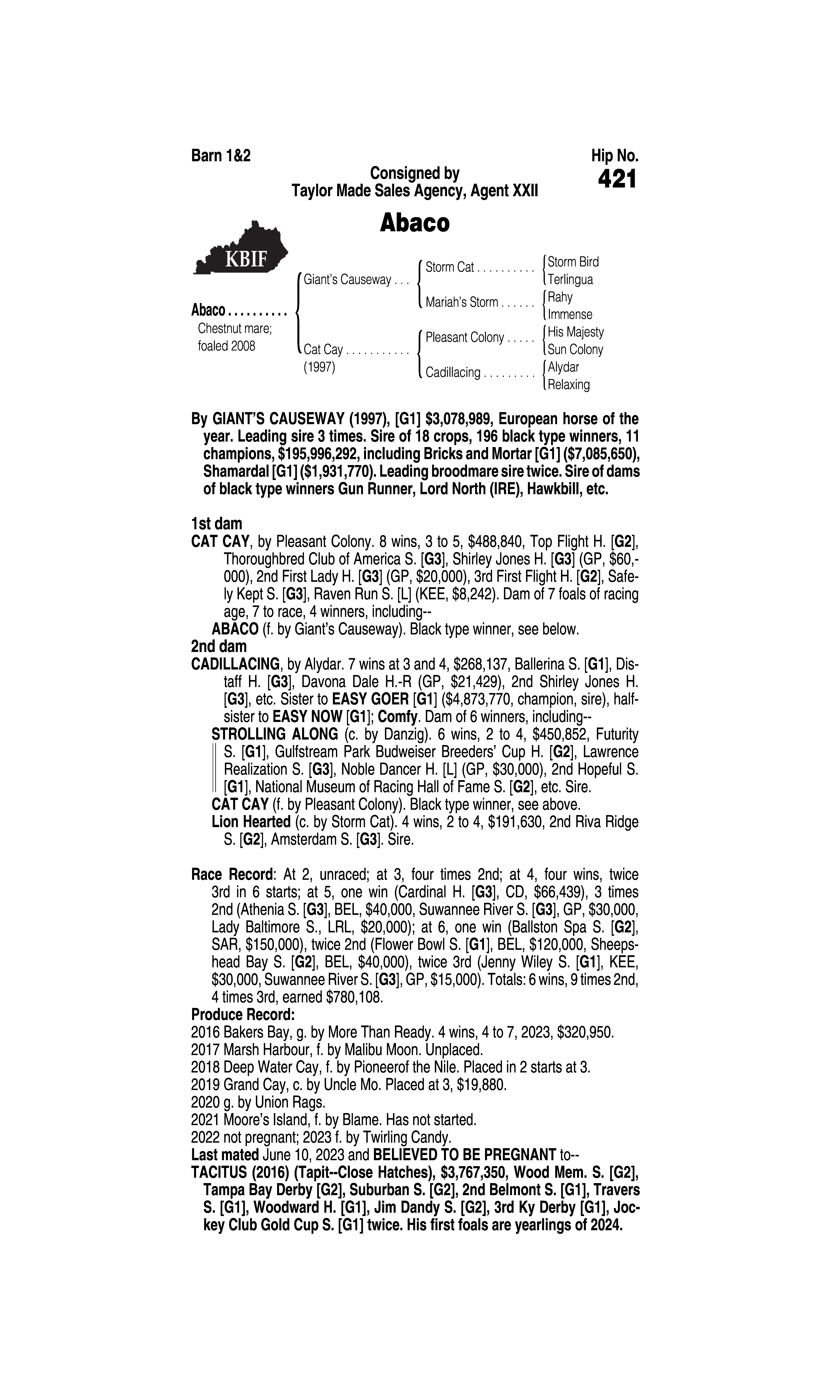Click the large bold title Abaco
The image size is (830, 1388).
point(414,223)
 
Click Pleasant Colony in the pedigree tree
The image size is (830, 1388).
point(464,338)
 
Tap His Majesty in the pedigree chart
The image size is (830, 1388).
point(576,332)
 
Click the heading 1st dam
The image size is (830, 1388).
point(217,524)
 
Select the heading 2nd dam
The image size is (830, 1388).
point(219,646)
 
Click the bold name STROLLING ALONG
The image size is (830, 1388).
point(275,734)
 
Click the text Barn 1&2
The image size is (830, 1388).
point(221,155)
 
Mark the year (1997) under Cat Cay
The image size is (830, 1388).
point(319,368)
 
